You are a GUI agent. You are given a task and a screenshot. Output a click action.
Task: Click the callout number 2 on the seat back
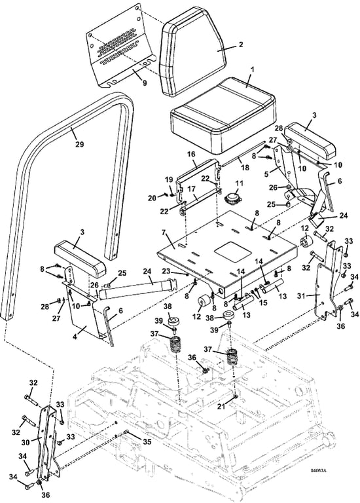click(241, 45)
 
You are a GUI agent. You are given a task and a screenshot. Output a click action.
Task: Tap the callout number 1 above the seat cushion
click(252, 69)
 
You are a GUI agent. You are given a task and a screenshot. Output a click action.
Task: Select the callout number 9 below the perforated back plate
click(145, 83)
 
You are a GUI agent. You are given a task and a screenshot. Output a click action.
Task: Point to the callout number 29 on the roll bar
click(79, 144)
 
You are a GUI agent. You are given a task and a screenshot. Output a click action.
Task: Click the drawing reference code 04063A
click(318, 471)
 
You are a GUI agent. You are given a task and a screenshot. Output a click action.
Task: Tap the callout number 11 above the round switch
click(239, 184)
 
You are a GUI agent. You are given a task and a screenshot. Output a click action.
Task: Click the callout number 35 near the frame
click(147, 441)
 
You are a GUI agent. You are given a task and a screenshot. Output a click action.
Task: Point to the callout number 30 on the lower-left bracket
click(26, 442)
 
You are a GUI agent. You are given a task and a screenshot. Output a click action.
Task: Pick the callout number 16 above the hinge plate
click(191, 155)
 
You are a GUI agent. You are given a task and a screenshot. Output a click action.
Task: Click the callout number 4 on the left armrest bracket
click(75, 337)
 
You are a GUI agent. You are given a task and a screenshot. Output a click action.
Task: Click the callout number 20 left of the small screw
click(152, 198)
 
